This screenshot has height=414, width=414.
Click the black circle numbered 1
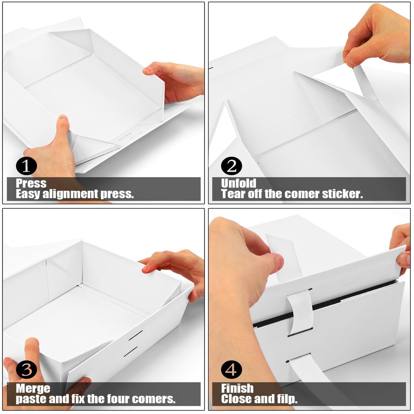(x=26, y=166)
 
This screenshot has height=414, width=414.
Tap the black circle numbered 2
(x=231, y=166)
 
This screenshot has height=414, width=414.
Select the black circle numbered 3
(x=26, y=370)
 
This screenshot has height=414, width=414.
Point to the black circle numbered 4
(x=231, y=370)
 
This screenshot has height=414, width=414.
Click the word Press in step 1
(x=31, y=183)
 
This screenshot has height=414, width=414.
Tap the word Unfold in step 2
(x=239, y=183)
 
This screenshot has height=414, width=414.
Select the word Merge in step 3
(x=33, y=389)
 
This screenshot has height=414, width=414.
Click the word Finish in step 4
(x=237, y=388)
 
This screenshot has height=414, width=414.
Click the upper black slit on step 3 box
(x=136, y=335)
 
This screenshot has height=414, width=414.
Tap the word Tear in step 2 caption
(x=233, y=194)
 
